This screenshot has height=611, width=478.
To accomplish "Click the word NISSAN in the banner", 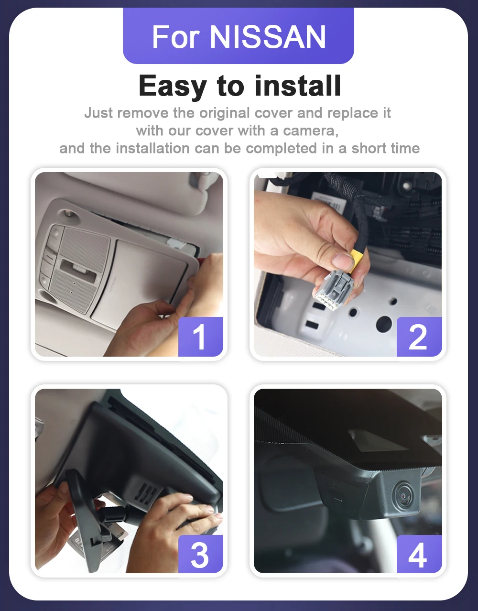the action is coord(268,37).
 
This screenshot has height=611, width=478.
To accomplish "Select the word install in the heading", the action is coord(298,86).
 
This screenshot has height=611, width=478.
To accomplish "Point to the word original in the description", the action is coord(225,113).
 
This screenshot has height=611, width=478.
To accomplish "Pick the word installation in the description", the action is coord(152,148).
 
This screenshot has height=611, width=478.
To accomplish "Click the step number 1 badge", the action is coord(201,337).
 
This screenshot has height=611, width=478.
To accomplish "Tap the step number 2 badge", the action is coord(419,337).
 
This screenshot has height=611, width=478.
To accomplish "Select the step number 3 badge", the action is coord(201,554).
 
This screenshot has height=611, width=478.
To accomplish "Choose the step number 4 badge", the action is coord(419,554).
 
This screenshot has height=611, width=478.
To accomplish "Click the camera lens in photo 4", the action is coord(405,496).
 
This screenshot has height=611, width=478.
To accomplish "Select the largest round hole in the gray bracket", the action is coord(384,323).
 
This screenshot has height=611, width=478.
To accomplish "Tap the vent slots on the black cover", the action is coord(145,492).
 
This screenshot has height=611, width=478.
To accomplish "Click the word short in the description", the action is coord(369,148).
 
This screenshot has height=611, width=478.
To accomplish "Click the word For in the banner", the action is coord(175,37).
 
